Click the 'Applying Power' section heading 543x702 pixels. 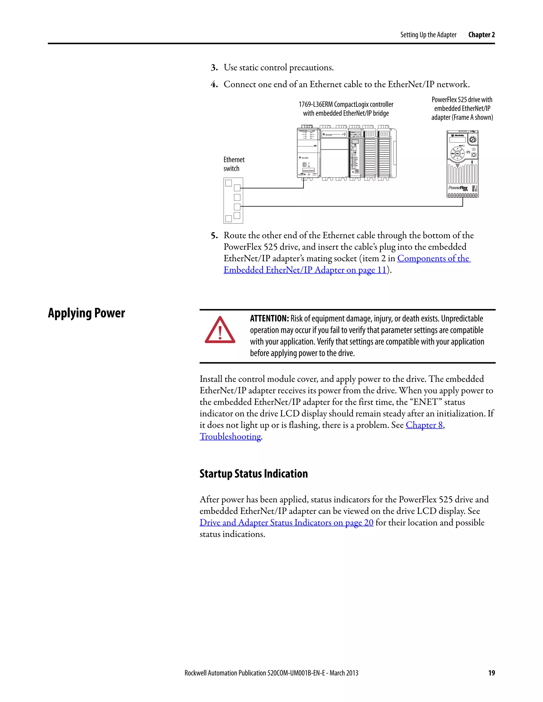coord(86,313)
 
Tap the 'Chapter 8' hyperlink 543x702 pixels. coord(424,425)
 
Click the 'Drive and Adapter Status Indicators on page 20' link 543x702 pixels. coord(286,523)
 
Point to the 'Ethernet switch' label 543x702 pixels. coord(234,164)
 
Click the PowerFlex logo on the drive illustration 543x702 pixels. coord(458,188)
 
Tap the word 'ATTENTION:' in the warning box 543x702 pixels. coord(269,318)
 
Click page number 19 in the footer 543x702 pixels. coord(492,673)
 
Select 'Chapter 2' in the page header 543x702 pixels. coord(481,35)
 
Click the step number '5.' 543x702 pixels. coord(214,236)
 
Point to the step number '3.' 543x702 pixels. coord(214,68)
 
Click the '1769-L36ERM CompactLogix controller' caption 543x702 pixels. coord(346,104)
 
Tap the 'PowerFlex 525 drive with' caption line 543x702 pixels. coord(462,100)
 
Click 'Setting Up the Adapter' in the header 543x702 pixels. coord(428,35)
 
